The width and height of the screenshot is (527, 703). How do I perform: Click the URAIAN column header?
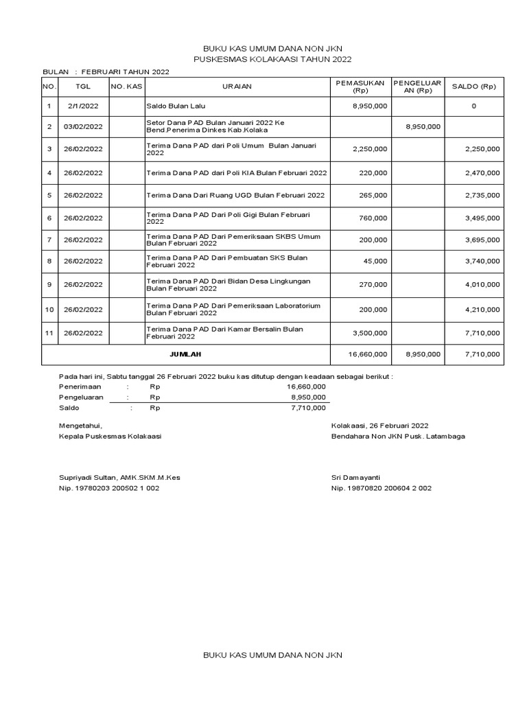click(237, 87)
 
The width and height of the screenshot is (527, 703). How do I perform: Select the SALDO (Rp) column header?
click(473, 87)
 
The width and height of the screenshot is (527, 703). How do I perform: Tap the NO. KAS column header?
click(126, 87)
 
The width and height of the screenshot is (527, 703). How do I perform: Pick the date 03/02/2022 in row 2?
click(83, 126)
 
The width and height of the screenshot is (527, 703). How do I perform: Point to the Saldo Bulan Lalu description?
click(176, 106)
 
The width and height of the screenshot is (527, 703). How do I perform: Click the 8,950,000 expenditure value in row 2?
click(423, 126)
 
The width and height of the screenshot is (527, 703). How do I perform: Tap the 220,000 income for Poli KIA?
click(374, 172)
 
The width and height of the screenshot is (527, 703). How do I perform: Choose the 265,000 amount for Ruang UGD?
click(374, 196)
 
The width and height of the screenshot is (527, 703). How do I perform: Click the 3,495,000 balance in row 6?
click(482, 218)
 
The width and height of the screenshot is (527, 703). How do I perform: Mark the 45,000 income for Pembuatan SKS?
click(376, 262)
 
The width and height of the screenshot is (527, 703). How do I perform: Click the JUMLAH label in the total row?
click(186, 354)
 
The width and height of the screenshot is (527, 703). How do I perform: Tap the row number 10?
click(49, 310)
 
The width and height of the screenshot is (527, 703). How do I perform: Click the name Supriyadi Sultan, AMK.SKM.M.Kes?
click(120, 477)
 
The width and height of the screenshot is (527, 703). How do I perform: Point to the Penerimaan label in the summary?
click(79, 387)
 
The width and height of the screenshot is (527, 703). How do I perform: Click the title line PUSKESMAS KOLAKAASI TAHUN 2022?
click(272, 60)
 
